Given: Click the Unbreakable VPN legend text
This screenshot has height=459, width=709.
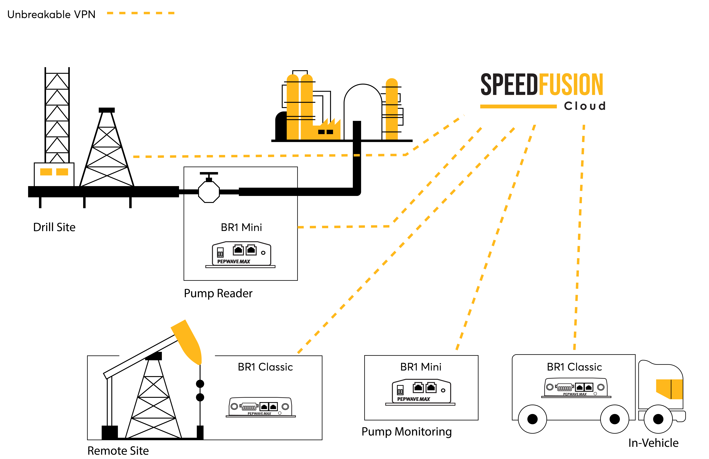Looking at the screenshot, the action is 51,14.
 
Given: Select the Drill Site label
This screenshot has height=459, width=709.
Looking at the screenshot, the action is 54,227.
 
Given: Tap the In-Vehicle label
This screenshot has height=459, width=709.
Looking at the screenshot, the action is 653,443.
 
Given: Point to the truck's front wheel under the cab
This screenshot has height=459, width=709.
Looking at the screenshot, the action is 658,419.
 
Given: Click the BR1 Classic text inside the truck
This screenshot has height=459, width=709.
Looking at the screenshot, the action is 574,367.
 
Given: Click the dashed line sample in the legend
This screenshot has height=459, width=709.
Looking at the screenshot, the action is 141,13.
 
